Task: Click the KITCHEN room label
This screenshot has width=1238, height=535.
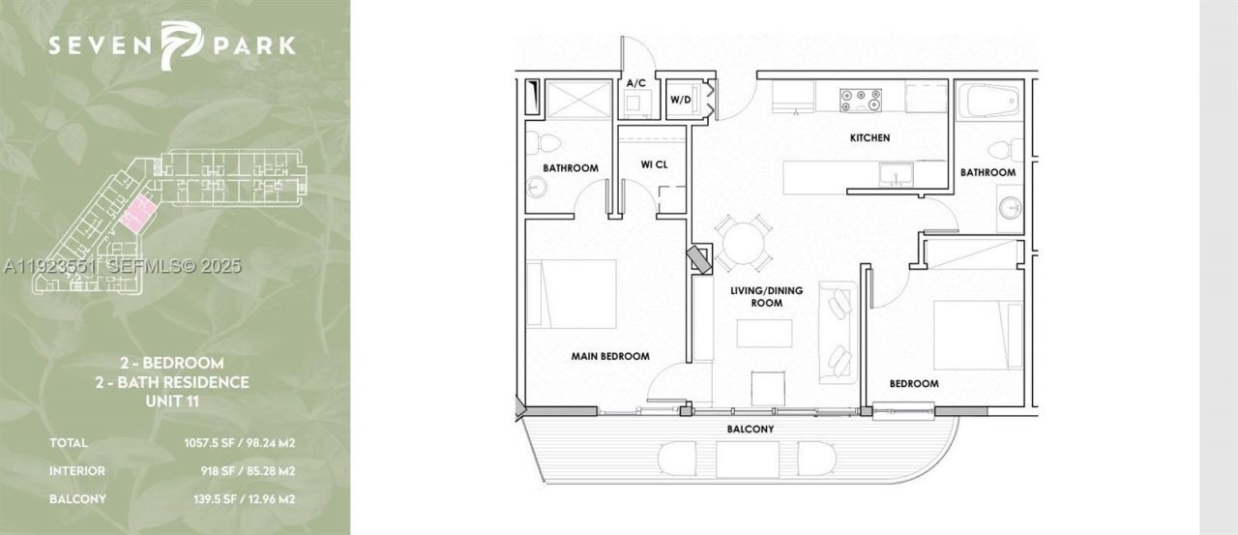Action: click(870, 138)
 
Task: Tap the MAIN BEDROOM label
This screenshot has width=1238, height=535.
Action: click(609, 356)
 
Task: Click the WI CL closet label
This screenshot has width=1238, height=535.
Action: click(654, 164)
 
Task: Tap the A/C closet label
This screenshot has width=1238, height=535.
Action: click(635, 84)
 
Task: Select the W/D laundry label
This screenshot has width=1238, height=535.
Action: click(680, 100)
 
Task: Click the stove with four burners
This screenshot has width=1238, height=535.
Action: click(860, 98)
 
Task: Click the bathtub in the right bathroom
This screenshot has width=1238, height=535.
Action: click(987, 101)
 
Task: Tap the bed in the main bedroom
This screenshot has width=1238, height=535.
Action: click(572, 294)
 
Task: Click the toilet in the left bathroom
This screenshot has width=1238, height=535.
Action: click(547, 144)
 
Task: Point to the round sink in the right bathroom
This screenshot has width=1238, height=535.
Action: click(1010, 207)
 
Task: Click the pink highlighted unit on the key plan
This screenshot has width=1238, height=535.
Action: click(137, 212)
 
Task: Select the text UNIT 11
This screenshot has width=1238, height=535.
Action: click(172, 401)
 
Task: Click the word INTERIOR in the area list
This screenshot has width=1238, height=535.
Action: click(77, 471)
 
